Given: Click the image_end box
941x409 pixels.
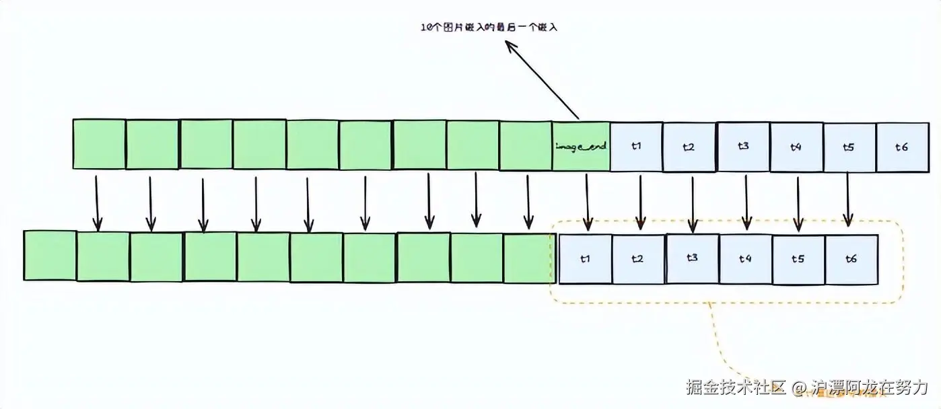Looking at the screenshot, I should click(582, 145).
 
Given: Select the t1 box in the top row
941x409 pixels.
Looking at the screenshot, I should click(636, 145).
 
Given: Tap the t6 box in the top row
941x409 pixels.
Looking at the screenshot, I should click(902, 147).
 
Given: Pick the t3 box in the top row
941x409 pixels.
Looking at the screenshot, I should click(743, 145).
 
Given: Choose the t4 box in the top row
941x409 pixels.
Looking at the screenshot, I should click(796, 147).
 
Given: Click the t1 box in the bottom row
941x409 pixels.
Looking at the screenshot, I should click(586, 258).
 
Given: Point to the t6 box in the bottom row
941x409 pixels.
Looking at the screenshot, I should click(851, 258).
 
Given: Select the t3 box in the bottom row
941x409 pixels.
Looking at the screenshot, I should click(692, 258).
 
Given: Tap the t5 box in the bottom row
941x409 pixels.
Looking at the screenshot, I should click(798, 258).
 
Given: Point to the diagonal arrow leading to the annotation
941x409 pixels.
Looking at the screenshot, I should click(542, 79).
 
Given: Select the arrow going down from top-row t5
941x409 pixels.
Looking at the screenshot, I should click(847, 198).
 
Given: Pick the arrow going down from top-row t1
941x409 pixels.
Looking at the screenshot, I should click(640, 200).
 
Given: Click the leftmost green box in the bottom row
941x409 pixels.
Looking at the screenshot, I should click(50, 256).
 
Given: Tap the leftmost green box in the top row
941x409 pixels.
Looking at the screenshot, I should click(99, 144).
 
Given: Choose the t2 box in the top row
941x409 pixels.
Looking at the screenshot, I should click(689, 147).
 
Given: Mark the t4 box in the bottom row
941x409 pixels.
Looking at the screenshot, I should click(745, 258).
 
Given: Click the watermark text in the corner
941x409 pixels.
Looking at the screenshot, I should click(807, 387).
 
